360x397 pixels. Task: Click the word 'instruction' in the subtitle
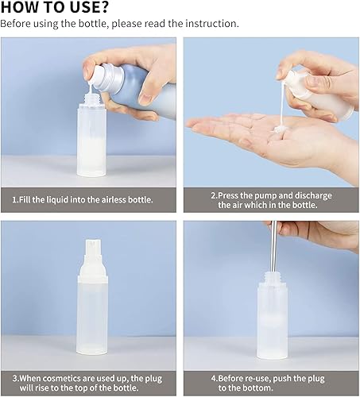click(211, 24)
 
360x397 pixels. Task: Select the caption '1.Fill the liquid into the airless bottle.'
click(87, 199)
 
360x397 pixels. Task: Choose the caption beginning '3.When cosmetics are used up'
click(87, 377)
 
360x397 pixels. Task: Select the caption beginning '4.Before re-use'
click(270, 377)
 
